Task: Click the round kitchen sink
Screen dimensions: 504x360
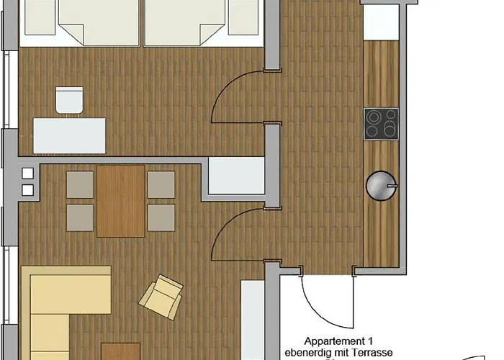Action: pos(381,186)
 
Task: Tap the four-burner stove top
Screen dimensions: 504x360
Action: pos(381,124)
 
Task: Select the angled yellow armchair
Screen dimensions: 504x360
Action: pos(161,297)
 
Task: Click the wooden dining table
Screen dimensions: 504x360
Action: pos(120,201)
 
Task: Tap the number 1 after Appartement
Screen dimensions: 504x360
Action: pos(370,341)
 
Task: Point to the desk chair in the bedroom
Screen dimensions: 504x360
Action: pos(69,100)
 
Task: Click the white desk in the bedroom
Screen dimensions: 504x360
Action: pos(69,135)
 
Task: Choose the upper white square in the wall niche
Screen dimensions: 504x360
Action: pos(27,174)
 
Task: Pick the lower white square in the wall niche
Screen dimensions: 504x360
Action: pos(27,190)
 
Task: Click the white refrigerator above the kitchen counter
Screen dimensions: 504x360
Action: pos(381,22)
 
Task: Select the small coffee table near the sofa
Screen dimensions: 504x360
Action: pos(120,351)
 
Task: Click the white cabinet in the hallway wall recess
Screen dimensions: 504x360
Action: pos(237,176)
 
